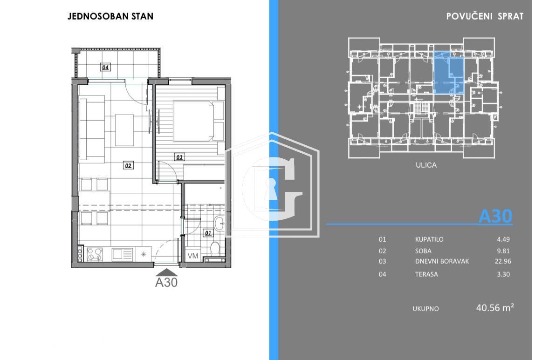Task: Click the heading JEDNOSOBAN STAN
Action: click(110, 16)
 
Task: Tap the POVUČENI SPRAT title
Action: click(485, 16)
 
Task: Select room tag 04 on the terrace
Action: click(106, 68)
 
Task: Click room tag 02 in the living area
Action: click(128, 165)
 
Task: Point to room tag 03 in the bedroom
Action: click(179, 157)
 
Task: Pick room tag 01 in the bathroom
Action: click(208, 233)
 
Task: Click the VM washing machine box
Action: click(192, 256)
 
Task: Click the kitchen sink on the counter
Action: click(123, 254)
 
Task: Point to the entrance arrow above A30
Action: click(166, 272)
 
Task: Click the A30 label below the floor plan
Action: click(166, 282)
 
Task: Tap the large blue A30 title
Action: click(495, 216)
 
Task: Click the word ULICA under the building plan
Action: click(426, 165)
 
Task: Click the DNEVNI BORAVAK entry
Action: click(442, 261)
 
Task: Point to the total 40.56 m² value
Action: click(494, 307)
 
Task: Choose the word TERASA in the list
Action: click(426, 274)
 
